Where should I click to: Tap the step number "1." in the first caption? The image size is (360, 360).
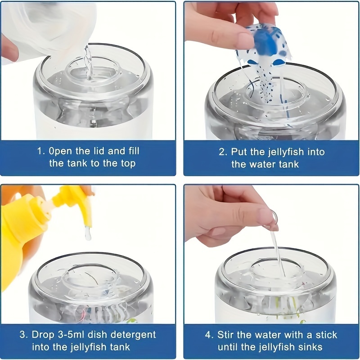coord(41,151)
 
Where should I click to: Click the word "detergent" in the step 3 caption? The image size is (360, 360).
coord(133,335)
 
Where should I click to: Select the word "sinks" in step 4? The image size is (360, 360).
coord(311,346)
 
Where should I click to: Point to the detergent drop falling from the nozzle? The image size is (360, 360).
coord(88,234)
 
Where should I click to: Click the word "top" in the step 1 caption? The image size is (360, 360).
coord(128,164)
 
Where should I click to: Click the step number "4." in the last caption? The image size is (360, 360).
coord(209,335)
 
